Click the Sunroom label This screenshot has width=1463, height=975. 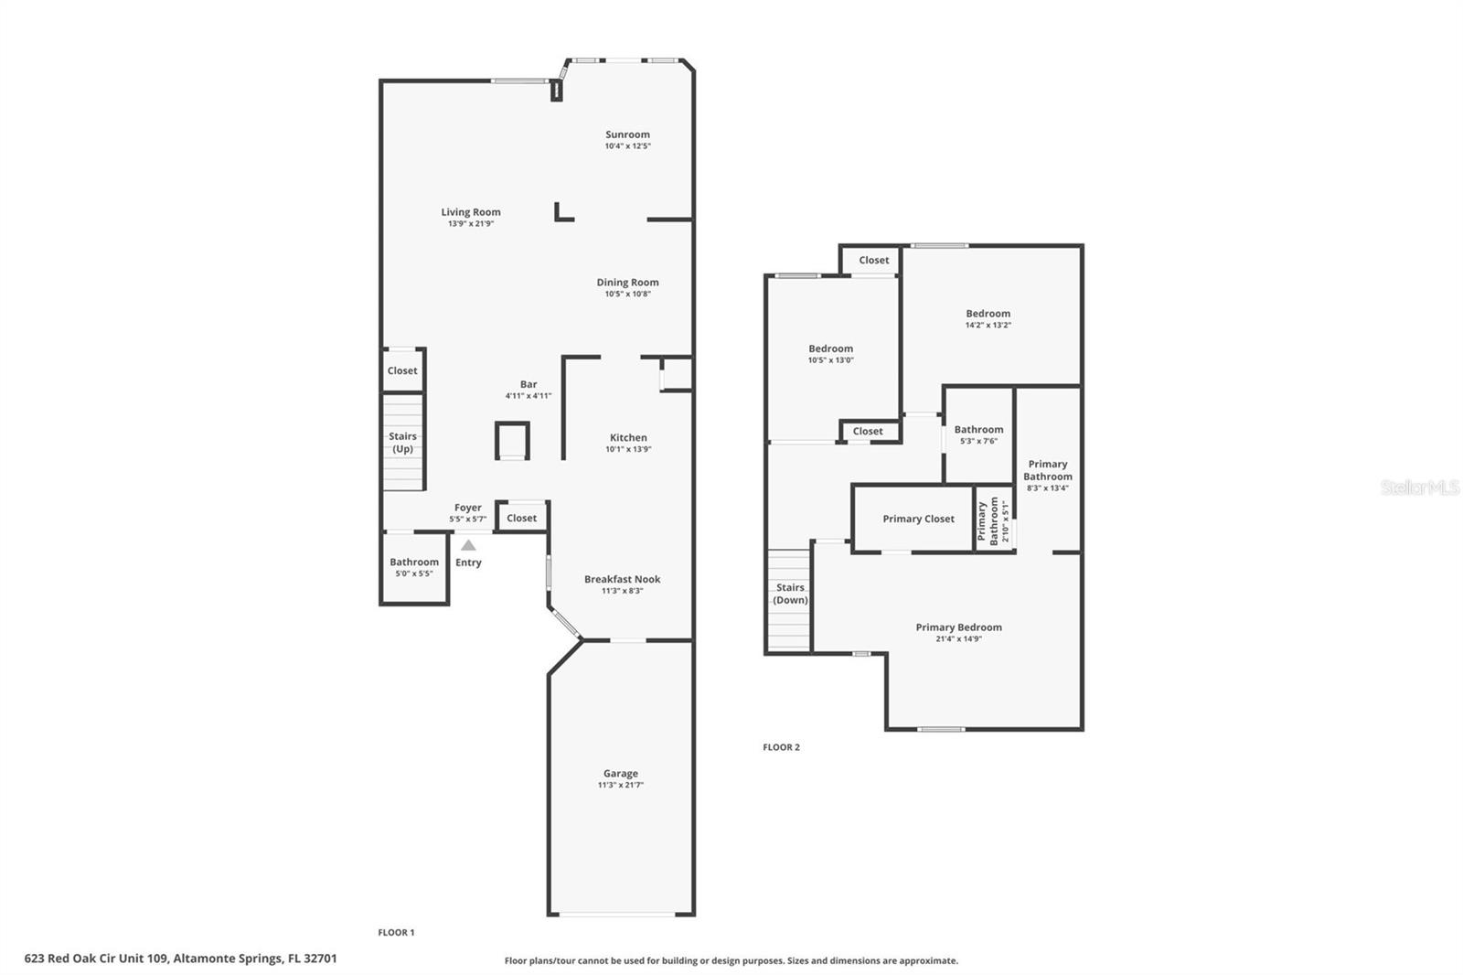tap(627, 134)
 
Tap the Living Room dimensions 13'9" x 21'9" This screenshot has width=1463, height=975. tap(471, 224)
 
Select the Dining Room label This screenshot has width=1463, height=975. tap(627, 283)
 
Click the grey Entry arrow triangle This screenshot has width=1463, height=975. tap(468, 545)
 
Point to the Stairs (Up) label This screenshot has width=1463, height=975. tap(402, 443)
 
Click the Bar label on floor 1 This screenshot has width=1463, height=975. tap(529, 385)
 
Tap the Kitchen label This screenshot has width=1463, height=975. tap(628, 438)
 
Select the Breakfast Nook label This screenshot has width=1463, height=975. tap(622, 579)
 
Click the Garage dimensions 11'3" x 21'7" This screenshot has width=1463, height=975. tap(621, 786)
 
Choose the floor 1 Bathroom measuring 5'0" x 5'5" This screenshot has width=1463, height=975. tap(414, 567)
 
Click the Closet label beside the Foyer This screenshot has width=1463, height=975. tap(522, 518)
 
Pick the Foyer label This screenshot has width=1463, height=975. tap(468, 508)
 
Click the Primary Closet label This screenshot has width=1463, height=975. tap(918, 519)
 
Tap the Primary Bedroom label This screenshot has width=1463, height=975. tap(958, 627)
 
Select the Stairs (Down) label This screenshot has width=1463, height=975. tap(790, 594)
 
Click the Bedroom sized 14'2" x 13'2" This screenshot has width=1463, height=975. tap(988, 318)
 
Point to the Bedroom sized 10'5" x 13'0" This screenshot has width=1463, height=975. tap(830, 353)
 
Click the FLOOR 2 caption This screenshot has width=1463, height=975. tap(781, 747)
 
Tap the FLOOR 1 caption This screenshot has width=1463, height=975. tap(396, 933)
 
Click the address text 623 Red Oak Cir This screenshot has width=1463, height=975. tap(180, 959)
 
